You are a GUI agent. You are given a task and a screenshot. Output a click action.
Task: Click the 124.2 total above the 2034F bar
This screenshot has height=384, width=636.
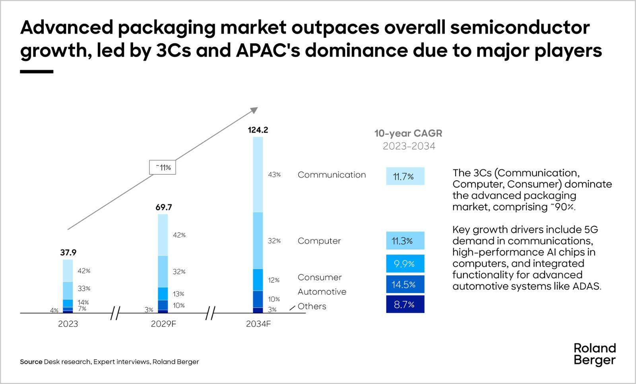pyautogui.click(x=258, y=130)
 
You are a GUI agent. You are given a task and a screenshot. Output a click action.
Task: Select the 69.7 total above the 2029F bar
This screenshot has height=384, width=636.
pyautogui.click(x=163, y=207)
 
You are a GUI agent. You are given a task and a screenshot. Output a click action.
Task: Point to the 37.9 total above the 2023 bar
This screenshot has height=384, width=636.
pyautogui.click(x=68, y=253)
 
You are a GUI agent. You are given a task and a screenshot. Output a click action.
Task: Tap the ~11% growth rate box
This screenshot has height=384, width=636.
pyautogui.click(x=162, y=168)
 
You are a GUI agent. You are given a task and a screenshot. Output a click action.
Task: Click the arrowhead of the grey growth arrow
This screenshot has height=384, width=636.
pyautogui.click(x=254, y=110)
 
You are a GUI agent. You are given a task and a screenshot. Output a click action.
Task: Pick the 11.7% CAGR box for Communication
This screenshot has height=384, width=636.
pyautogui.click(x=405, y=176)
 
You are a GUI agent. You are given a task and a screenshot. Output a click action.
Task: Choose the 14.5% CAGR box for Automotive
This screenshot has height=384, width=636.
pyautogui.click(x=405, y=284)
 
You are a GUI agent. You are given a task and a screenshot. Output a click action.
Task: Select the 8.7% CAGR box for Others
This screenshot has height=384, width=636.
pyautogui.click(x=405, y=305)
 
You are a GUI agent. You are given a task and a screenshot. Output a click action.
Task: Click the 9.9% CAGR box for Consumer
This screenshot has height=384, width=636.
pyautogui.click(x=405, y=264)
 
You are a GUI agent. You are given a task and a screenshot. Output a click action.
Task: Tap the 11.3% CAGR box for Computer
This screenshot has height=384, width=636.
pyautogui.click(x=405, y=241)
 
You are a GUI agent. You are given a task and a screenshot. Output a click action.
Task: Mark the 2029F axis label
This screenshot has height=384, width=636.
pyautogui.click(x=163, y=324)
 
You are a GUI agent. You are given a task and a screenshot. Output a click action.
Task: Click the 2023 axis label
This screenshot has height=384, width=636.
pyautogui.click(x=68, y=324)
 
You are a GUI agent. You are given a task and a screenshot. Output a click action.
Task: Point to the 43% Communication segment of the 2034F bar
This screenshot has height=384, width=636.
pyautogui.click(x=258, y=175)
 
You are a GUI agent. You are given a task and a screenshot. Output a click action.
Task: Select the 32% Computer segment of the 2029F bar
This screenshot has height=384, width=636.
pyautogui.click(x=163, y=271)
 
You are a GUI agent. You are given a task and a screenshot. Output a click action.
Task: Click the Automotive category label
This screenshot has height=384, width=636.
pyautogui.click(x=322, y=292)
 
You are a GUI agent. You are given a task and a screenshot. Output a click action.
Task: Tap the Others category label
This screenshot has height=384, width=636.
pyautogui.click(x=312, y=307)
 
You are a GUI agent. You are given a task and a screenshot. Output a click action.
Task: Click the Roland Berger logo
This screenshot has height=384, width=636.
pyautogui.click(x=595, y=354)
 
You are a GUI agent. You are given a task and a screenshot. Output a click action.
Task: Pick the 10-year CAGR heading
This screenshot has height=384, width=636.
pyautogui.click(x=408, y=133)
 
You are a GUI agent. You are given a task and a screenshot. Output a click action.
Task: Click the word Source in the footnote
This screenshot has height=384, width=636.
pyautogui.click(x=31, y=362)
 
